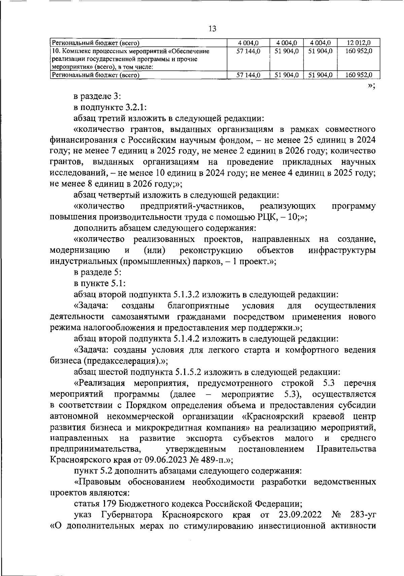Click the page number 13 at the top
[x=212, y=29]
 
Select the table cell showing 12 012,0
[x=359, y=43]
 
